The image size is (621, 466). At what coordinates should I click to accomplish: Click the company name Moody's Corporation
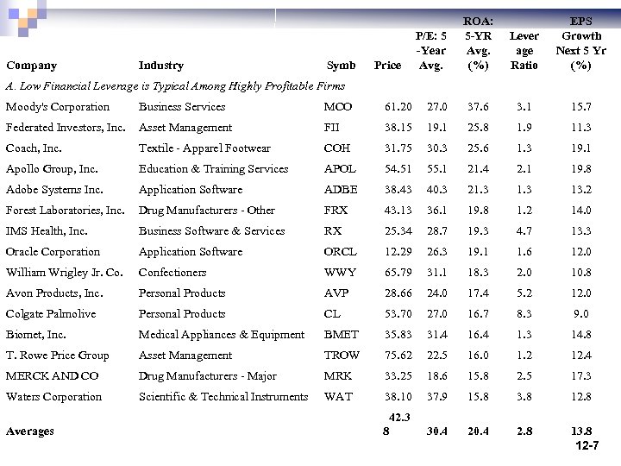[x=58, y=107]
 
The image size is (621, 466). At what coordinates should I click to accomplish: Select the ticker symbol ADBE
[x=341, y=190]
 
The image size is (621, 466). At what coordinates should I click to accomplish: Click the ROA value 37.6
[x=478, y=107]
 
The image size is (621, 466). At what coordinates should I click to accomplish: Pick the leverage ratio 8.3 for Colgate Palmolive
[x=524, y=314]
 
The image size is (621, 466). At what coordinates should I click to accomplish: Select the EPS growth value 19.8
[x=580, y=169]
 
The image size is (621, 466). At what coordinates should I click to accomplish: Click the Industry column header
[x=161, y=66]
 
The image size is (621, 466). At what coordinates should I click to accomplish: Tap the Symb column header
[x=341, y=66]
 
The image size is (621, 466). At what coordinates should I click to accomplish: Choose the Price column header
[x=388, y=66]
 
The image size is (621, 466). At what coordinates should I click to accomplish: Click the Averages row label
[x=30, y=431]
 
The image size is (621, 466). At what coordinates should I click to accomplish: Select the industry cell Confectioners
[x=172, y=273]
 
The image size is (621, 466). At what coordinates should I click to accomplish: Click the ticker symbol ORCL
[x=340, y=252]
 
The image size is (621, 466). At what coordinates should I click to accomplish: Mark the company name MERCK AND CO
[x=53, y=376]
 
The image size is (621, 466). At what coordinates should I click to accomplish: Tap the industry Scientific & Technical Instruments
[x=223, y=397]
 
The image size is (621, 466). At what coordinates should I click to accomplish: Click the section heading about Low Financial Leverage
[x=175, y=85]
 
